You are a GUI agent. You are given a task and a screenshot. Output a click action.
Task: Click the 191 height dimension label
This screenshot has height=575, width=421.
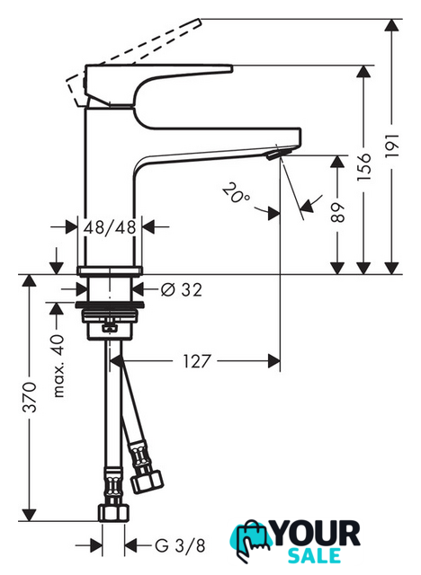392,146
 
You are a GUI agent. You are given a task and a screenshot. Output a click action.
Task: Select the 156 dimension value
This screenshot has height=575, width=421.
364,167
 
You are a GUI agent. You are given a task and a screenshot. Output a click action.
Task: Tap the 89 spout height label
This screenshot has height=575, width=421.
337,212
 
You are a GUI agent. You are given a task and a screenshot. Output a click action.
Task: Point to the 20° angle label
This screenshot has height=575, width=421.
236,193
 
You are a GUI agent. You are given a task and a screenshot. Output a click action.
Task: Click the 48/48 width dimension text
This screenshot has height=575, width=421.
110,227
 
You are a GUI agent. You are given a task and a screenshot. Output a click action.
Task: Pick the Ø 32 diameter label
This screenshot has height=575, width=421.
182,290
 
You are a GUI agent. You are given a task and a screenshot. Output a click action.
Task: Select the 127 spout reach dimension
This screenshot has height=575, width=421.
197,361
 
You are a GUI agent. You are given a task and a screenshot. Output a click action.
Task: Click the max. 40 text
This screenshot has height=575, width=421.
58,367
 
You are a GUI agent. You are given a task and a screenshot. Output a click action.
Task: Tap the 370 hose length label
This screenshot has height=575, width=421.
30,397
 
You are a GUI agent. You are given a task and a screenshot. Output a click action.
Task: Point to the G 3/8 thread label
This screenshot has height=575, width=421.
180,545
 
